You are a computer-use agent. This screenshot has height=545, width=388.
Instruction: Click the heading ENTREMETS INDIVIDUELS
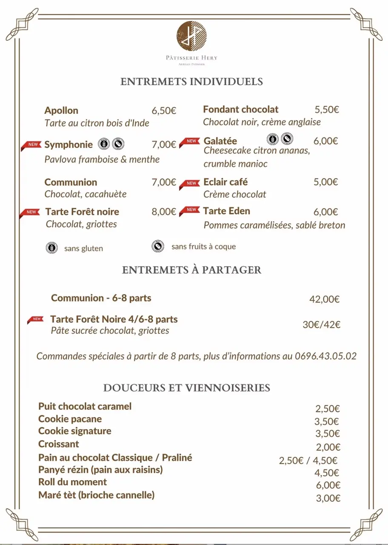(191, 82)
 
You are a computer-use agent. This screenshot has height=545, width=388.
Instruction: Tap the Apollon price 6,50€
(164, 111)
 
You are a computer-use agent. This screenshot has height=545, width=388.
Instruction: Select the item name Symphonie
(68, 145)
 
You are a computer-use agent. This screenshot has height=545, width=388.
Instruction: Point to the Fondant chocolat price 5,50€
(327, 109)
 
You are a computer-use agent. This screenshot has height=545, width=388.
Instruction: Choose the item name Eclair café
(225, 182)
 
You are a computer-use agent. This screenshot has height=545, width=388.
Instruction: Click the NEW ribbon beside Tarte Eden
(190, 210)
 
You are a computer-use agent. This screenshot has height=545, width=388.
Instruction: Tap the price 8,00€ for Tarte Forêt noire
(164, 212)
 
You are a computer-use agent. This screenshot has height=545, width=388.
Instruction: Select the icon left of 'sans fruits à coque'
(157, 246)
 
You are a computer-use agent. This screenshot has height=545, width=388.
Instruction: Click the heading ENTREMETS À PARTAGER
(191, 270)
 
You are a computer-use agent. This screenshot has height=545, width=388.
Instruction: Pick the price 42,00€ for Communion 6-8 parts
(324, 299)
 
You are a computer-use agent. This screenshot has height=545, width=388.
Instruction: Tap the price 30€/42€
(321, 324)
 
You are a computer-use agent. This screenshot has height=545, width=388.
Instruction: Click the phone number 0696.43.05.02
(325, 356)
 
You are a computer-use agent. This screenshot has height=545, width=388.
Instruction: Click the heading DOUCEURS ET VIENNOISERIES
(187, 388)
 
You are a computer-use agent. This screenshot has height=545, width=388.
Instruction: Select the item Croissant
(59, 444)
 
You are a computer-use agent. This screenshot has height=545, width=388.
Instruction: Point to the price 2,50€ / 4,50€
(308, 460)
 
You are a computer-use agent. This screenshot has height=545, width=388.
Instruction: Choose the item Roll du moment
(72, 482)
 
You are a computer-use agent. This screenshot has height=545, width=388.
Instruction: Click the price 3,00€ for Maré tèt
(328, 499)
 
